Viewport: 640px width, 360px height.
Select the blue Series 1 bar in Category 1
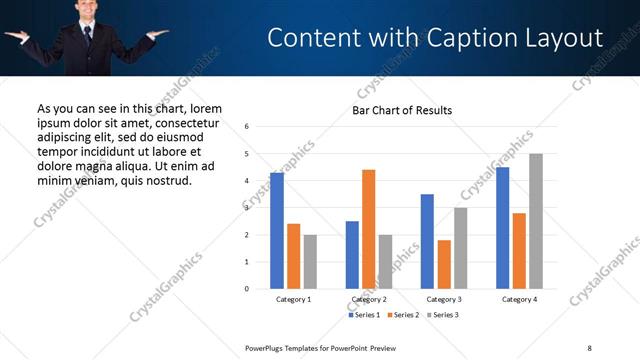277,231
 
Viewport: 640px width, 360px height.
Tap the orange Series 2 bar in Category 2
368,229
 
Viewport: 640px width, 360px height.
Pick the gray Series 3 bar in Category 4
536,221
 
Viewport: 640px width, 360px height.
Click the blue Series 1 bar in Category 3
427,241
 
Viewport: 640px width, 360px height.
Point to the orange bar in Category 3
444,264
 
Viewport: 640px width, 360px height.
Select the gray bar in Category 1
310,262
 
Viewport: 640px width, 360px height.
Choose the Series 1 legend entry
365,315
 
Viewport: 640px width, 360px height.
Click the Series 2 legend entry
403,315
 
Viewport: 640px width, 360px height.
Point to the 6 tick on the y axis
247,127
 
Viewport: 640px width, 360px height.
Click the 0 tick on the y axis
247,289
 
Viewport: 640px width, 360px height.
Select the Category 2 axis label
369,299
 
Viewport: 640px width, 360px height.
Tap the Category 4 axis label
519,299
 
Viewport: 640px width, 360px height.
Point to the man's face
86,10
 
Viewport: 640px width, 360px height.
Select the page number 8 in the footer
588,347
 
